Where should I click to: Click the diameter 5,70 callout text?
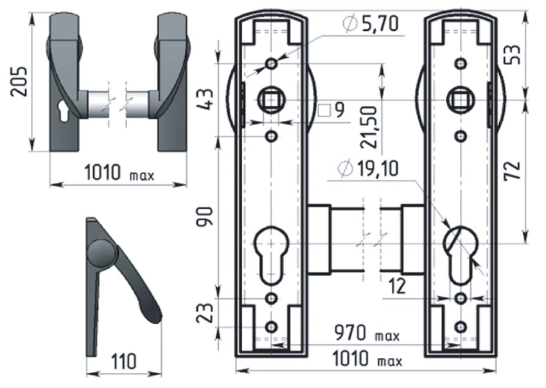(x=371, y=25)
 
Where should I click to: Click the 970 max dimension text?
(x=367, y=335)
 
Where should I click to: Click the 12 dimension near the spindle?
(x=398, y=285)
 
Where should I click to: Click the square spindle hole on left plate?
(x=270, y=100)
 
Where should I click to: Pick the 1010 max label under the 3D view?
(x=119, y=173)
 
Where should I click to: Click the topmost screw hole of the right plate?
(x=460, y=63)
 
